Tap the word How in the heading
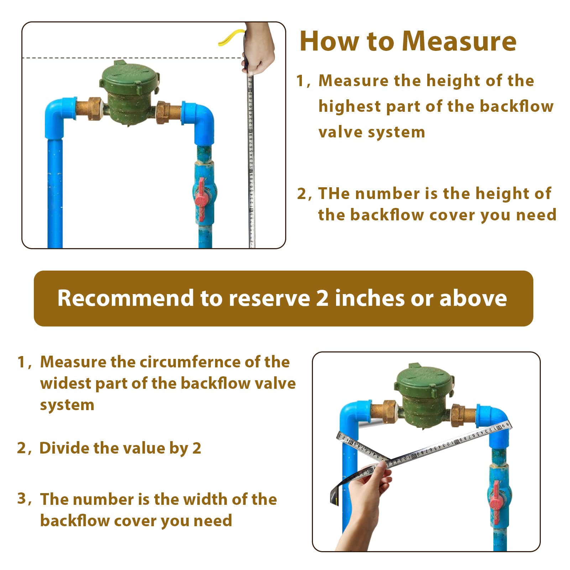[329, 41]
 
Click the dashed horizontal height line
[132, 57]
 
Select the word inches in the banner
[370, 298]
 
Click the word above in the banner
[473, 298]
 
